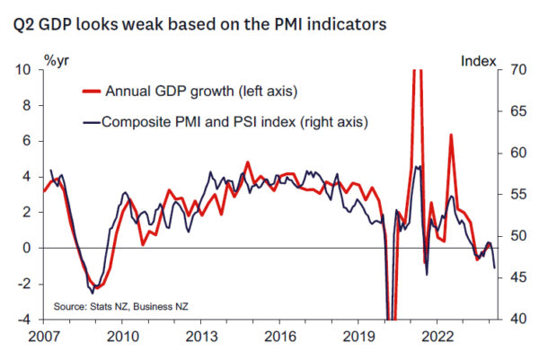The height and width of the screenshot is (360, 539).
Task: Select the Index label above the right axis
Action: point(478,61)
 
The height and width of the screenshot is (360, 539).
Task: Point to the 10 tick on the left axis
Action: point(25,70)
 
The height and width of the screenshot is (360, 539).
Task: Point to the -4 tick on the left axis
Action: point(27,319)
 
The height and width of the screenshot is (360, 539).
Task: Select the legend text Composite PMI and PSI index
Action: point(235,120)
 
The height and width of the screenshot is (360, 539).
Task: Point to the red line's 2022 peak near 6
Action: point(450,136)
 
